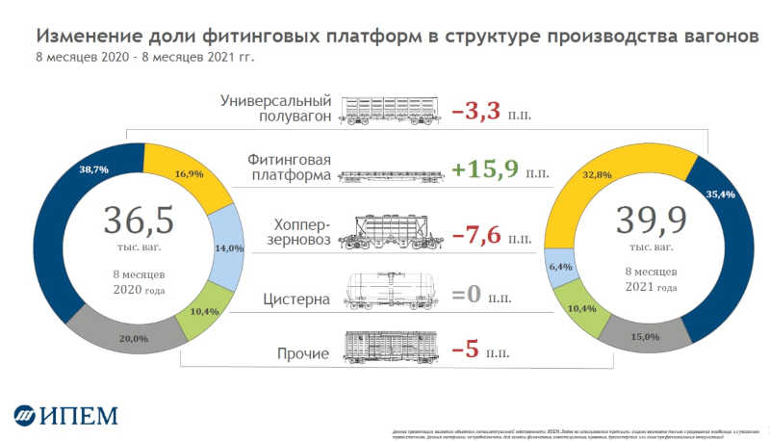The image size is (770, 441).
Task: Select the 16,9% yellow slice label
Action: [x=189, y=174]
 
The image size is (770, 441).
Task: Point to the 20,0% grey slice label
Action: [x=135, y=338]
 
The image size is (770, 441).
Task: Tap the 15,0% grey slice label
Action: [x=646, y=336]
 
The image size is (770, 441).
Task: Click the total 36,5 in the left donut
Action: [x=139, y=221]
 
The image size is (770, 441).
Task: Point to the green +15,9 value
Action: [x=485, y=170]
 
